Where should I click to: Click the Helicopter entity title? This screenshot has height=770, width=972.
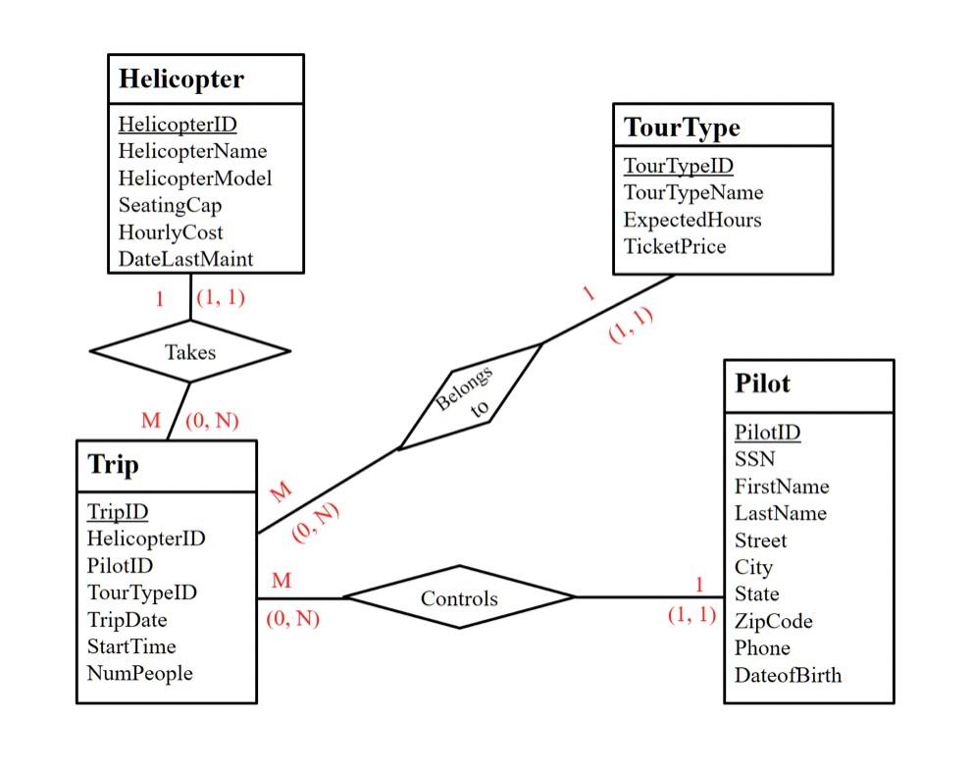click(180, 79)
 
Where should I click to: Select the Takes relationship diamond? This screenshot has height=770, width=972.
click(189, 350)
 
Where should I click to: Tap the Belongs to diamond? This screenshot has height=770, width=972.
click(470, 395)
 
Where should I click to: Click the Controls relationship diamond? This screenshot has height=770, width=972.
click(459, 597)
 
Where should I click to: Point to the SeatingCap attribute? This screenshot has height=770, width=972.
click(170, 205)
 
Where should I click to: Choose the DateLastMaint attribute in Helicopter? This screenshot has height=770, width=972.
click(185, 259)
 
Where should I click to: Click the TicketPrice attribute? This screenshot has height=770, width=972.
click(675, 246)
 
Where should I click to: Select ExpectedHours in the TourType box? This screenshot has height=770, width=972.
click(692, 220)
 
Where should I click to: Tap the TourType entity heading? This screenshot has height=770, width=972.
click(682, 128)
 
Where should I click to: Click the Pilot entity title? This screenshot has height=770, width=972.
click(762, 384)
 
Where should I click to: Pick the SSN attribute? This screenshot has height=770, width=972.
click(754, 459)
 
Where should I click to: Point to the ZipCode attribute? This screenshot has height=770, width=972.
click(773, 621)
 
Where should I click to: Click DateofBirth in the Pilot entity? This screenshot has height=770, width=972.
click(788, 675)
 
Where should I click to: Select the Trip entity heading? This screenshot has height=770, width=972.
click(113, 464)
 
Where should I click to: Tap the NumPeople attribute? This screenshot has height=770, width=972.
click(139, 673)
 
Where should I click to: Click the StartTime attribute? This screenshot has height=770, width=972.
click(131, 646)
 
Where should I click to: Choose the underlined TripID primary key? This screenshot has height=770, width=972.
click(117, 511)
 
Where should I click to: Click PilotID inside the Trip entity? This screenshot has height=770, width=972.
click(120, 565)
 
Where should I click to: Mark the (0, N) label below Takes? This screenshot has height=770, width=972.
click(212, 421)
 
